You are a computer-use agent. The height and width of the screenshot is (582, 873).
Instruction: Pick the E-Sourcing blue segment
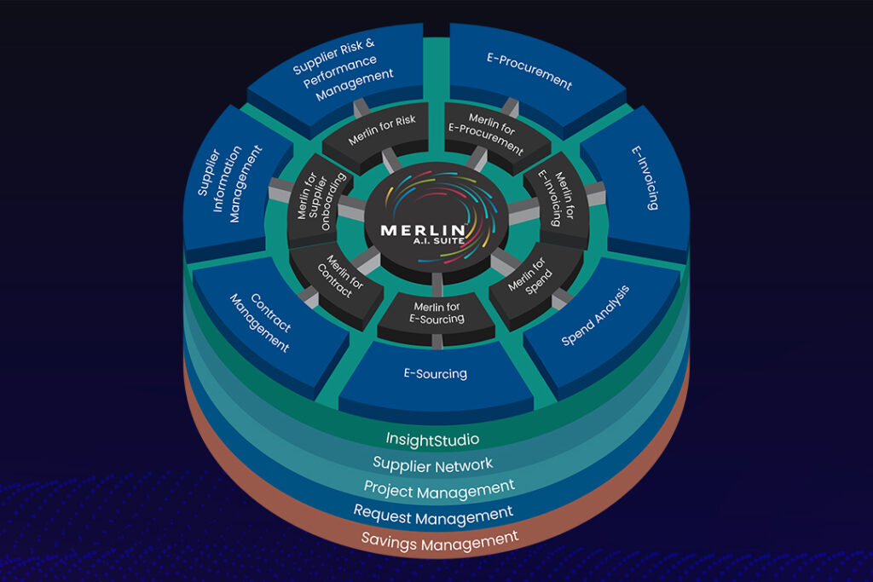(x=435, y=373)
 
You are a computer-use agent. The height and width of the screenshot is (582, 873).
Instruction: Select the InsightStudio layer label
(x=432, y=440)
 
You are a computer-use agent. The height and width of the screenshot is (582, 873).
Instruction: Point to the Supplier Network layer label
(x=433, y=464)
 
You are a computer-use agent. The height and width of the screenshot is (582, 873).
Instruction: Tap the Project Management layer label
(x=438, y=488)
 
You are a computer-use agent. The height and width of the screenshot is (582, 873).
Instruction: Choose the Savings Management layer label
(x=440, y=539)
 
